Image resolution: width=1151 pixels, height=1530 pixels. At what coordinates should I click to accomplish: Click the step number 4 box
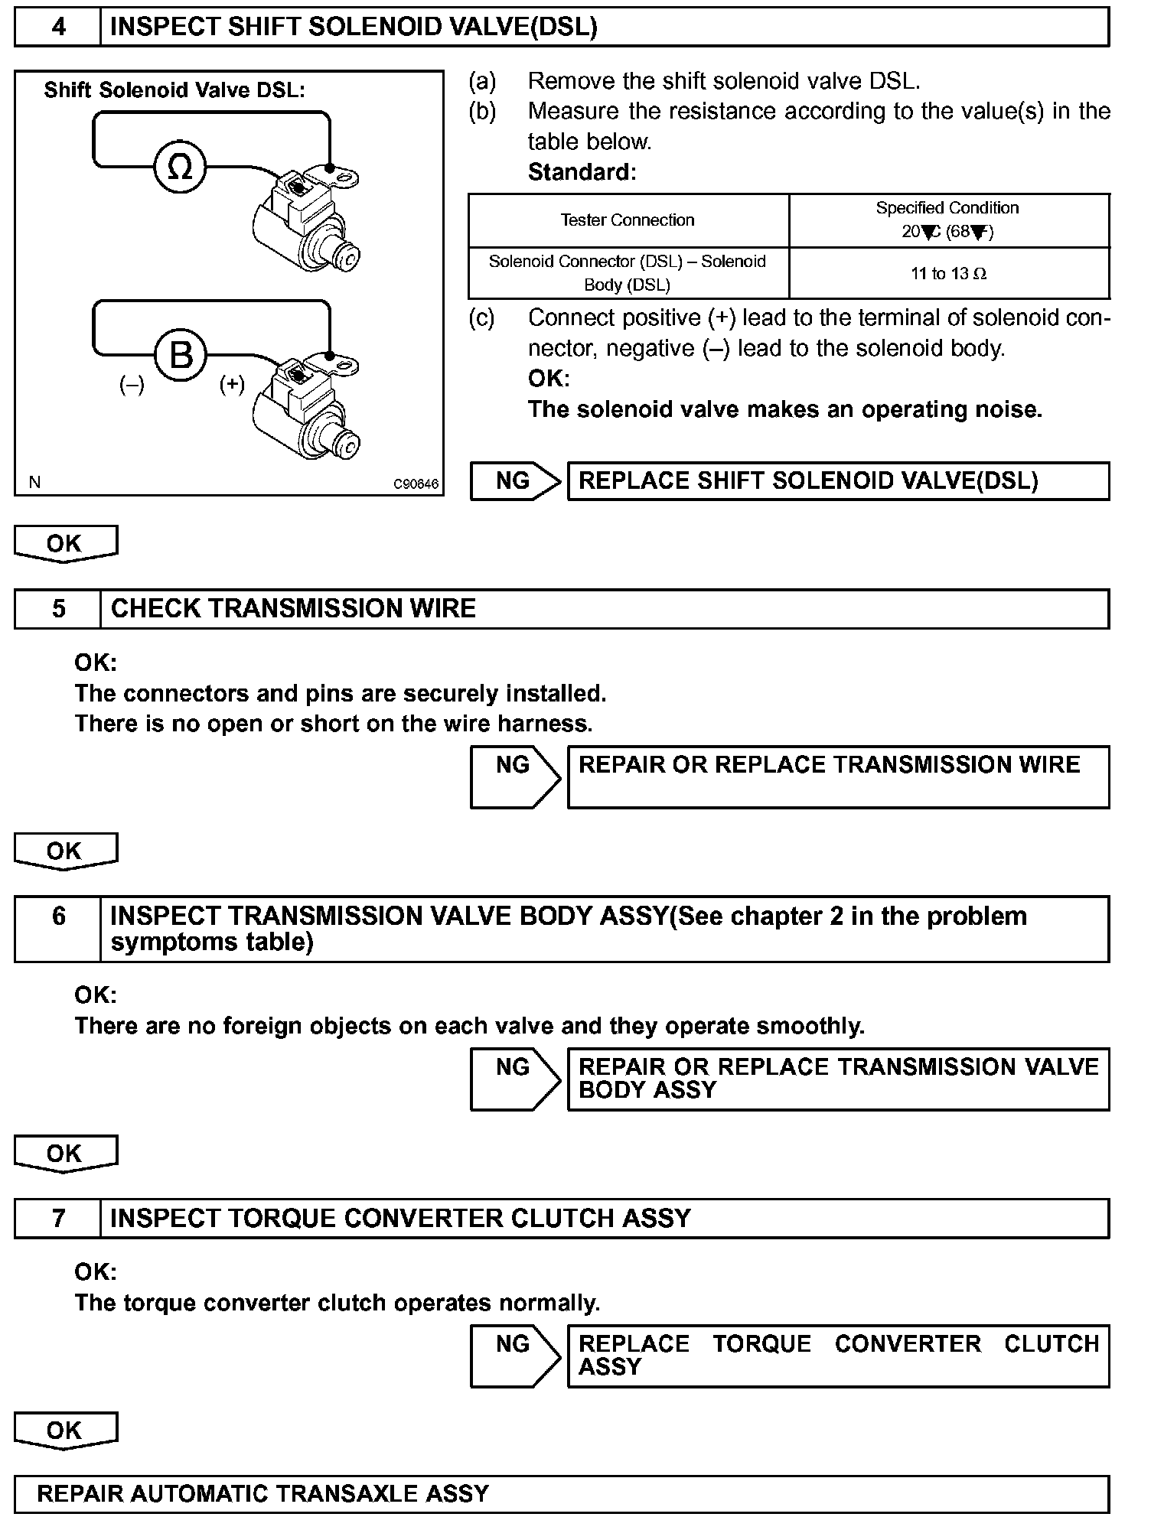pos(58,28)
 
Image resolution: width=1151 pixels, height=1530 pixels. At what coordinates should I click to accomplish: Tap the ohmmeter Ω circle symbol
pos(180,167)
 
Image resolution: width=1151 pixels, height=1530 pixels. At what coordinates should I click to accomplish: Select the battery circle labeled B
pos(181,355)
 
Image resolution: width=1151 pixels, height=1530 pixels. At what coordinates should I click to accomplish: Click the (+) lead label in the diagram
pos(232,383)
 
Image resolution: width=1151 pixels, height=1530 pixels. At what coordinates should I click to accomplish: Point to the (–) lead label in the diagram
pos(132,385)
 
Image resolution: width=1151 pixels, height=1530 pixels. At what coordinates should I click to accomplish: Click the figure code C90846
pos(416,484)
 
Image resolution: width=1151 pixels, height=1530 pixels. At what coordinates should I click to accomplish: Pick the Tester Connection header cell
pos(628,220)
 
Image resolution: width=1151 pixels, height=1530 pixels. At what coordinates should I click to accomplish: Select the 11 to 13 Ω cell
pos(948,274)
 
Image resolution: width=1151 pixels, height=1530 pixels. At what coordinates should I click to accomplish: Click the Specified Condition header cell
pos(948,220)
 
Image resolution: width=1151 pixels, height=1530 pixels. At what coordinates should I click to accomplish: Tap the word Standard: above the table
pos(582,172)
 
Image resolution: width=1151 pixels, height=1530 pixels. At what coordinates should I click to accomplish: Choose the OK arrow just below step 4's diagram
pos(65,544)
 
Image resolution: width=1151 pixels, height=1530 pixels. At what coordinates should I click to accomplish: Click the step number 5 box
pos(58,609)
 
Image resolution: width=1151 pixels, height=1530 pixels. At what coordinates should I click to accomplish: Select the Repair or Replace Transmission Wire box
pos(838,776)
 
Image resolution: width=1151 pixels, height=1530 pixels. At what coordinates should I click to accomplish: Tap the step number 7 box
pos(58,1218)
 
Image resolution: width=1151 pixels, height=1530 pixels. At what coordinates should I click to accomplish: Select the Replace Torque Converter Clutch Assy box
pos(838,1356)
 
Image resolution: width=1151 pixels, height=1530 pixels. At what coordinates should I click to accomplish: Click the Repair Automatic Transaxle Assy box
pos(562,1494)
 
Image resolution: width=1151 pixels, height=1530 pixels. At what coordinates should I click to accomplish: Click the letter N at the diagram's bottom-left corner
pos(34,482)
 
